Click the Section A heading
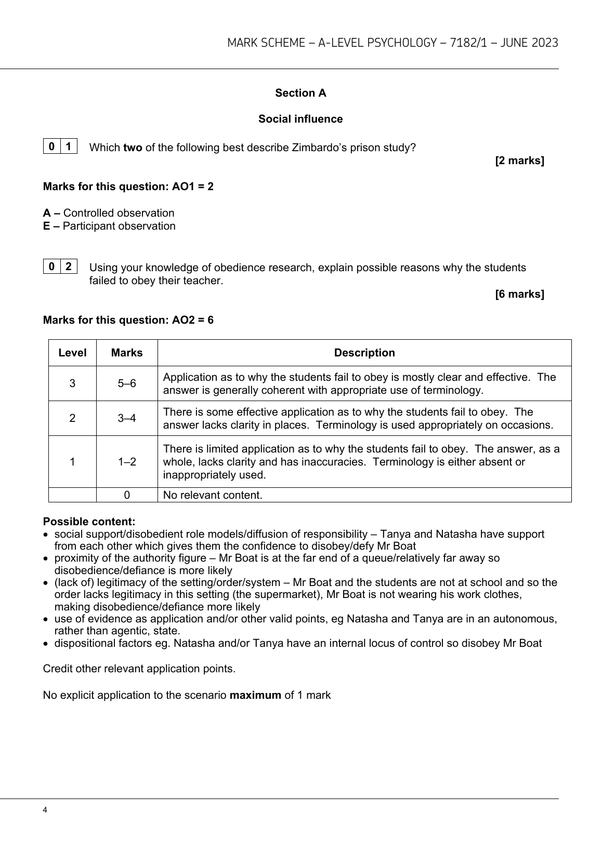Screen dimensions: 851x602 (x=300, y=93)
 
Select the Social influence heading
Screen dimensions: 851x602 (x=300, y=119)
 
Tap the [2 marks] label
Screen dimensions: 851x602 (x=519, y=161)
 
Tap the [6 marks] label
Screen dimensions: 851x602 (x=519, y=294)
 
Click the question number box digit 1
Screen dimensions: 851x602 (x=69, y=147)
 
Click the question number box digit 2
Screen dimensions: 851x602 (x=69, y=267)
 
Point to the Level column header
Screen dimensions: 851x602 (x=72, y=353)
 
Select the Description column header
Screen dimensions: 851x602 (x=364, y=353)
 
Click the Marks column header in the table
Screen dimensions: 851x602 (x=127, y=353)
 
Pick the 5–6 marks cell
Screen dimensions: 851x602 (x=127, y=383)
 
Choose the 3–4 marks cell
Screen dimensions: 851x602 (x=127, y=418)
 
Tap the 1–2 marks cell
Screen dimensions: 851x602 (x=127, y=461)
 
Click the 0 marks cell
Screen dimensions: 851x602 (x=127, y=495)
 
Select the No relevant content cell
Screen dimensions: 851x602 (x=213, y=495)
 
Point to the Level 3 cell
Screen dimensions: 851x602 (x=72, y=383)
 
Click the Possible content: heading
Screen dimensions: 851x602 (x=89, y=521)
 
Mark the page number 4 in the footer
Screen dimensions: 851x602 (x=45, y=810)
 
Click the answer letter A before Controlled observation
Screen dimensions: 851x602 (x=47, y=213)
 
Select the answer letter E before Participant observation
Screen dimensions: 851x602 (x=47, y=226)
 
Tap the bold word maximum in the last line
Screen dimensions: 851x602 (x=255, y=695)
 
